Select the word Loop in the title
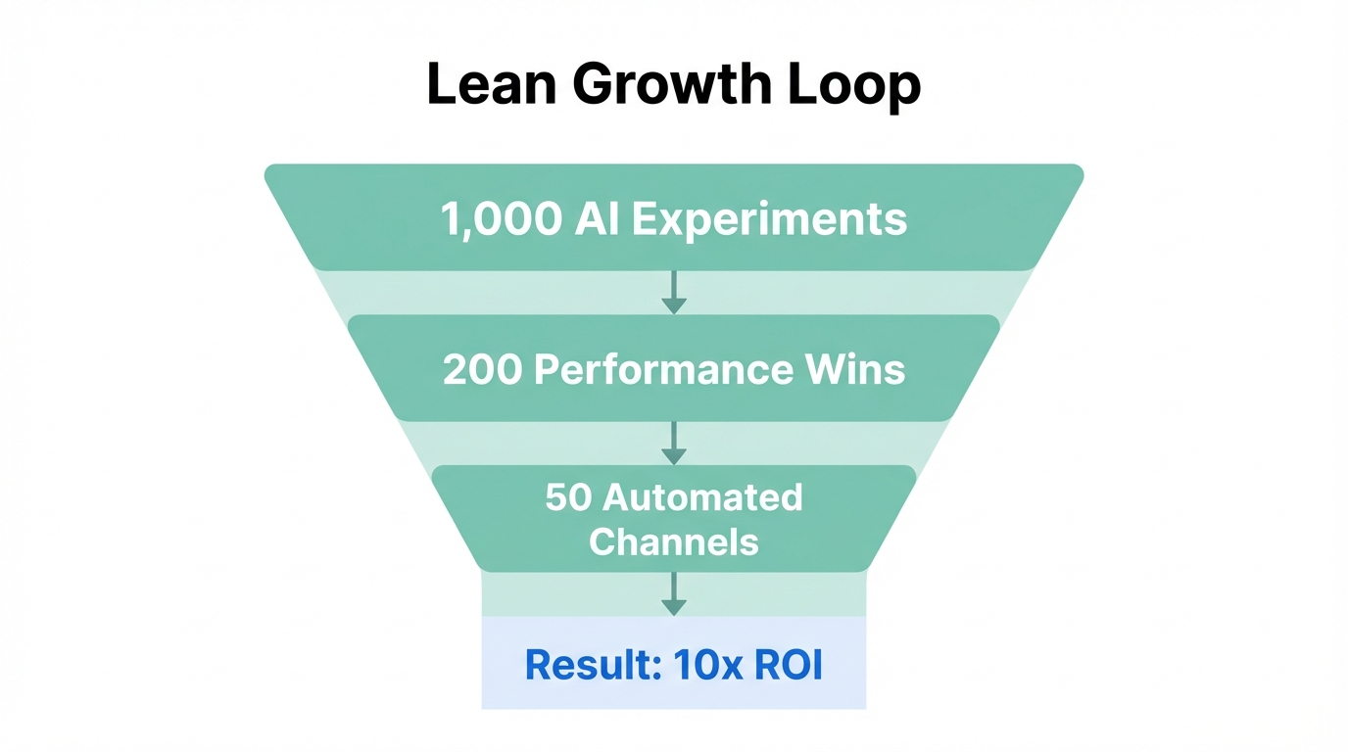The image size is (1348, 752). pos(855,85)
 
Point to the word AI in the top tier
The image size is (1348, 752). pos(598,218)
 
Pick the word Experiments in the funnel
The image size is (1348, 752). pos(769,218)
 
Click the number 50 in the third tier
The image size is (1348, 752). pos(569,497)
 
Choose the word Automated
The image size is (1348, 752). pos(702,497)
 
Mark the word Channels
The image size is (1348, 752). pos(674,542)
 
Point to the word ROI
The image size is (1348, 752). pos(789,665)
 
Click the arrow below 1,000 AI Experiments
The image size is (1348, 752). pos(674,293)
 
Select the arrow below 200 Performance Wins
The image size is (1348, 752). pos(674,443)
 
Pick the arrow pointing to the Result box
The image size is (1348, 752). pos(674,594)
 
